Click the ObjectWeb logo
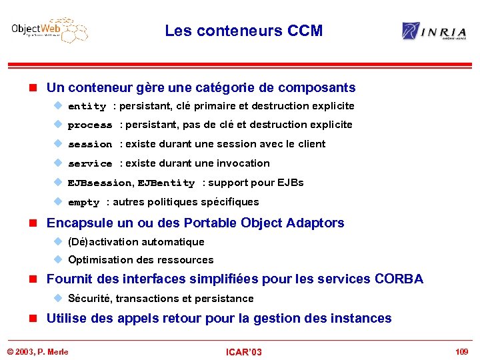point(49,31)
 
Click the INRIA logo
point(433,31)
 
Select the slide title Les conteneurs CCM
point(243,31)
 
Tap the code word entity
point(87,107)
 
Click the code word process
point(90,125)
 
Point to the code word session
point(90,145)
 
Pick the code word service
point(90,164)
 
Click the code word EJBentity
point(166,183)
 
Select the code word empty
point(83,203)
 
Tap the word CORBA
point(399,279)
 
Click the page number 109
point(461,351)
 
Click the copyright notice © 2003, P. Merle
point(38,351)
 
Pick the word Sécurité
point(89,299)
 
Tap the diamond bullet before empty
point(58,202)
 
